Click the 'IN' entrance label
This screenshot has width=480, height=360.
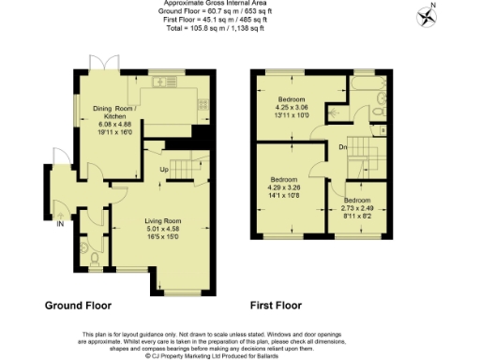coord(60,224)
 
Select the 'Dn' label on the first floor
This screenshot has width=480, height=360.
coord(344,147)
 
